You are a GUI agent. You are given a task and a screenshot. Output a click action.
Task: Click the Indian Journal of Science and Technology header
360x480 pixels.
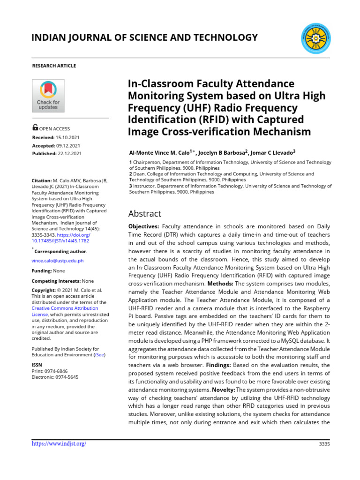pyautogui.click(x=144, y=37)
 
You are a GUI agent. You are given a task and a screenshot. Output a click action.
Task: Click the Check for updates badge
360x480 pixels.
pyautogui.click(x=48, y=96)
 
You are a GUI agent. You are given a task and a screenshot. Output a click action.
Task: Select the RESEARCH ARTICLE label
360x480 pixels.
pyautogui.click(x=53, y=66)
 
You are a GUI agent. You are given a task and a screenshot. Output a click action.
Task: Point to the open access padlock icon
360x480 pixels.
pyautogui.click(x=35, y=127)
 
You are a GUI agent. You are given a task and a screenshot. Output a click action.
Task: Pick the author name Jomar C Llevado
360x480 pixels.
pyautogui.click(x=272, y=153)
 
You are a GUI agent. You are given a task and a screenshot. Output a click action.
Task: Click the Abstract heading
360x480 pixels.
pyautogui.click(x=144, y=214)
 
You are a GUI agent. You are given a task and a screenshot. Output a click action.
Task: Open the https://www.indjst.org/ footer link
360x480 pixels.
pyautogui.click(x=59, y=443)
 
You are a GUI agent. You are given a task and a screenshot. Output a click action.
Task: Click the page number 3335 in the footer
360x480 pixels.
pyautogui.click(x=324, y=444)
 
